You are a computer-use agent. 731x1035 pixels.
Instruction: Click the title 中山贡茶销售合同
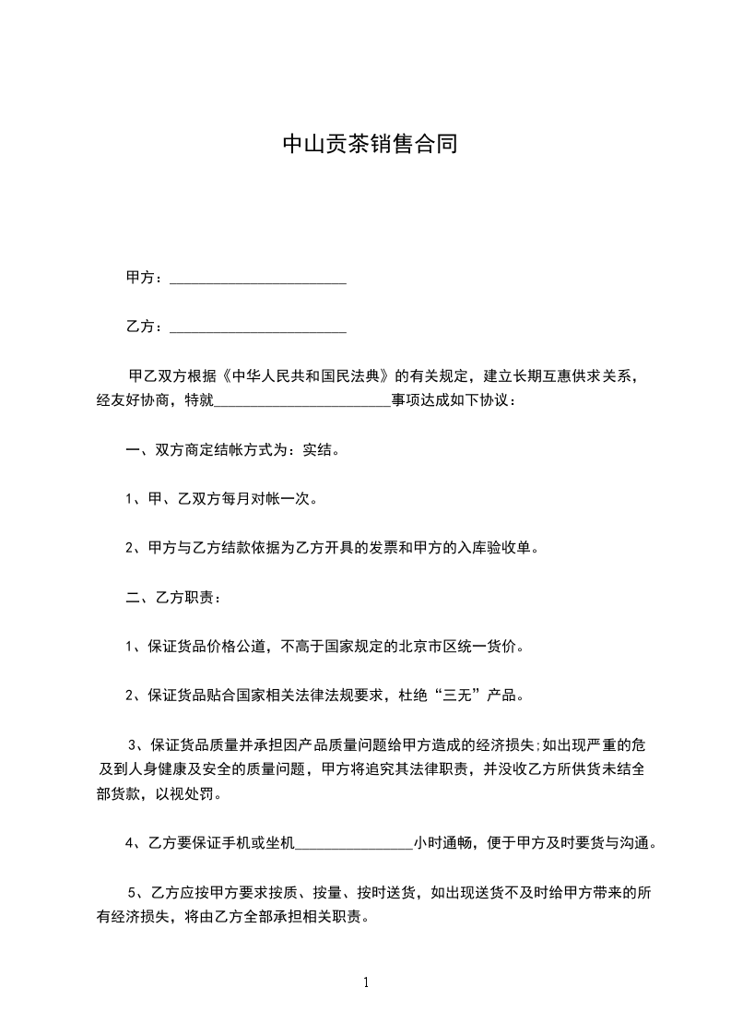click(369, 145)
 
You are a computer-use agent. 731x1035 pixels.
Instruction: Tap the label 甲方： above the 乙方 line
click(145, 278)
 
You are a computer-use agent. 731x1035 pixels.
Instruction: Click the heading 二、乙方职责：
click(172, 598)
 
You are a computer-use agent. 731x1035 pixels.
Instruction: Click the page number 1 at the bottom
click(366, 983)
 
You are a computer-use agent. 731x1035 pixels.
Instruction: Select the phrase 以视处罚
click(191, 794)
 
